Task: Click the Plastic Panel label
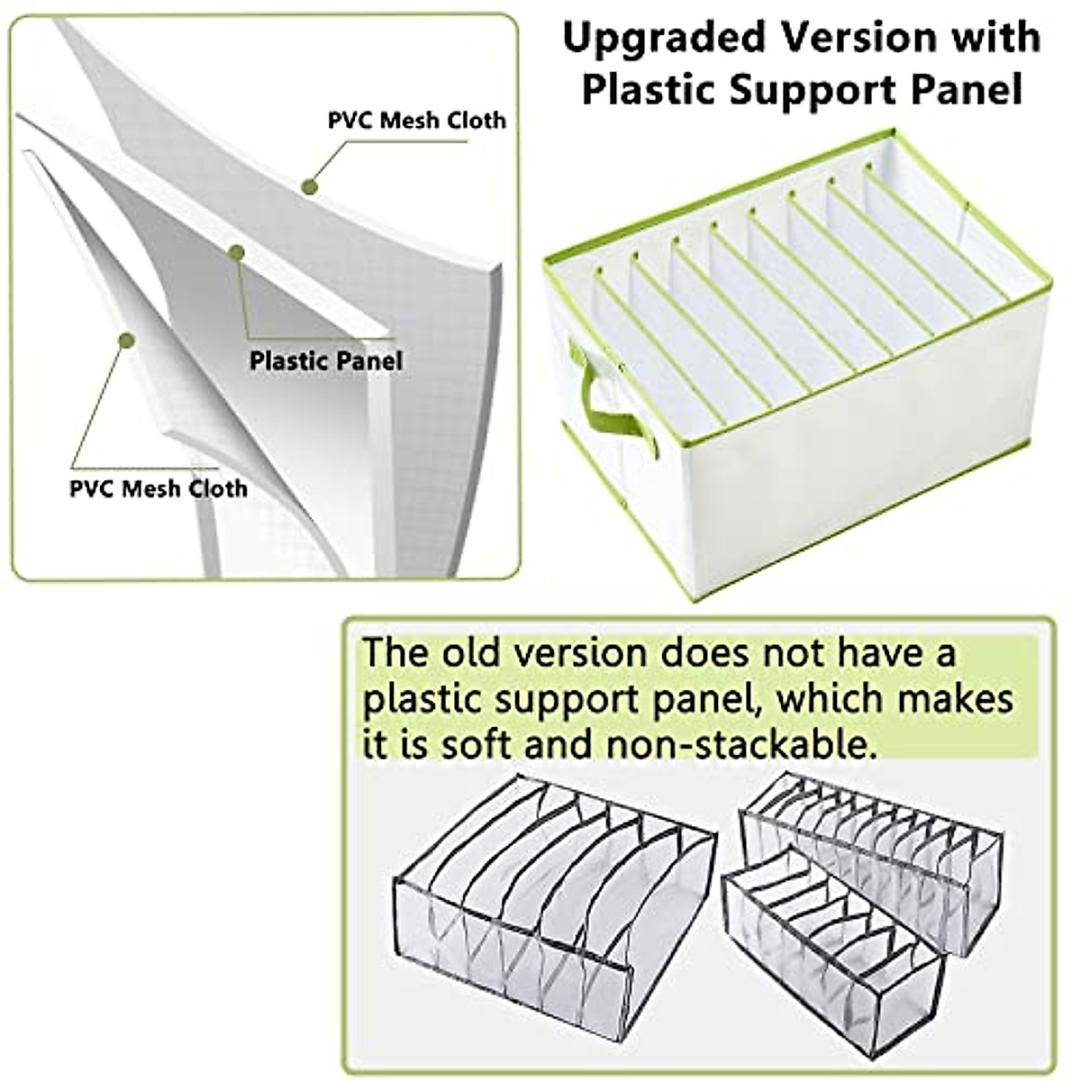click(x=326, y=361)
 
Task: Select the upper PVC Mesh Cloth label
click(x=416, y=121)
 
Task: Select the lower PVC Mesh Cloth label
click(x=159, y=488)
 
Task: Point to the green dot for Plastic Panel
click(x=236, y=253)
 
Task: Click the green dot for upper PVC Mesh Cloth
click(x=309, y=186)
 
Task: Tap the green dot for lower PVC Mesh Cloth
click(x=126, y=341)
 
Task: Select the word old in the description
click(x=475, y=652)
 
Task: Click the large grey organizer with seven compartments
click(x=551, y=892)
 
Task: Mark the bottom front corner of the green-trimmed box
click(x=695, y=597)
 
